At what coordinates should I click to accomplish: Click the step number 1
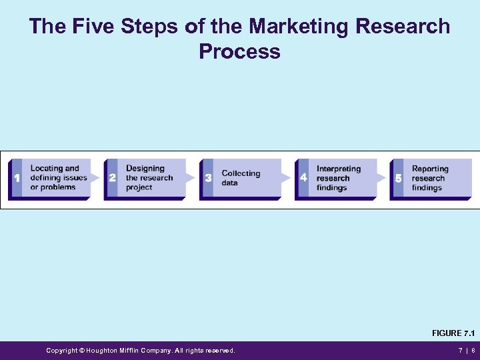[17, 178]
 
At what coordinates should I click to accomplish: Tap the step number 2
[112, 178]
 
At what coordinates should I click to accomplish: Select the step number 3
[208, 178]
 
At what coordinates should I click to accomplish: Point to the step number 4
[303, 178]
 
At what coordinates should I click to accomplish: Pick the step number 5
[399, 178]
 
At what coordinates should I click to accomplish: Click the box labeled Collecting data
[247, 178]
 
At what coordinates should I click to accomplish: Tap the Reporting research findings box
[437, 178]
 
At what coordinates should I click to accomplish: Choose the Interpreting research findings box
[341, 178]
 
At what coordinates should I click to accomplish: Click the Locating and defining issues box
[57, 178]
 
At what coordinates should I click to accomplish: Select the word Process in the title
[239, 51]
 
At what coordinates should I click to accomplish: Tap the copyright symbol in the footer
[82, 351]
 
